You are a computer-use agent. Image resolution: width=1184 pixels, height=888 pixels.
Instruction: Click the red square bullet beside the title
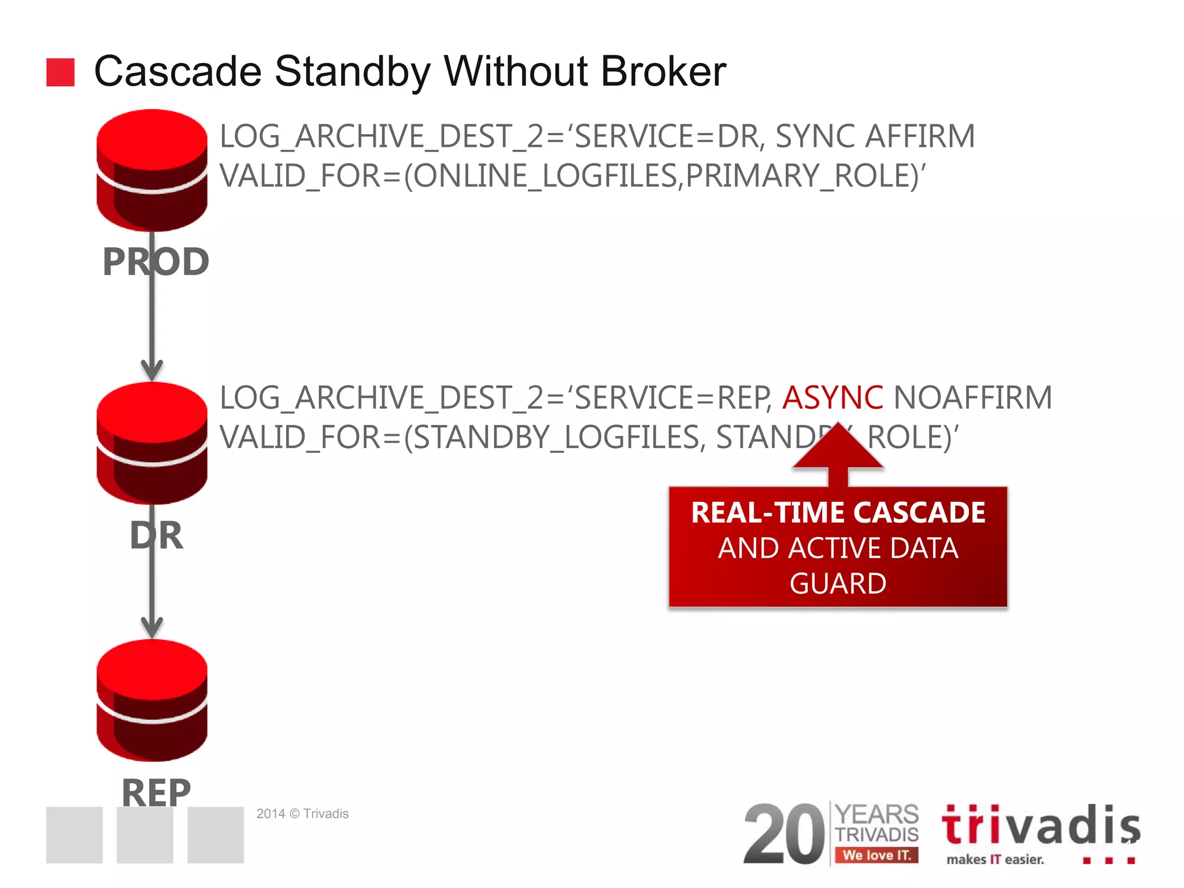pos(60,72)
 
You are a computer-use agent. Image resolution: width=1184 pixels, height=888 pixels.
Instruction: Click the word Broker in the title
pos(663,72)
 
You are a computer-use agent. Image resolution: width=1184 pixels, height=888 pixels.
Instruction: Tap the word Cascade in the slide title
pos(177,72)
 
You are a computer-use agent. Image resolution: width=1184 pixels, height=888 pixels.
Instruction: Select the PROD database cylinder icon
pos(152,170)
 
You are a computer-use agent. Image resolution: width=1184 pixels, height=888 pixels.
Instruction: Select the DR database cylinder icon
pos(152,443)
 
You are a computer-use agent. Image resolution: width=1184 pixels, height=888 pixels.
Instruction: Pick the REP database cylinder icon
pos(152,700)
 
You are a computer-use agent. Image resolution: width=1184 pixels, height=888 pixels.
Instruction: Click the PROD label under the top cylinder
pos(156,262)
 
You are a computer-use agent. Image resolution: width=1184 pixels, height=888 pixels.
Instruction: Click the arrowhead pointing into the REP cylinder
pos(152,627)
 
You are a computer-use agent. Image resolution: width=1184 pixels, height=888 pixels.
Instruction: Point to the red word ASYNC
pos(832,398)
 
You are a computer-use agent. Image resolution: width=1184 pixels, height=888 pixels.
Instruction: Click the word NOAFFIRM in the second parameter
pos(972,398)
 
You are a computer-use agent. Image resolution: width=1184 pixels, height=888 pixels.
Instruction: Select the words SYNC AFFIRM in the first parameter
pos(874,136)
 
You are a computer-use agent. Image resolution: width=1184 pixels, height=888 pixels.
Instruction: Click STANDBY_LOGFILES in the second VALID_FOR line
pos(556,437)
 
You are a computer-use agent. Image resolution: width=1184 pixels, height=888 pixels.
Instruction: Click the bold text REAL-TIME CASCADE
pos(838,512)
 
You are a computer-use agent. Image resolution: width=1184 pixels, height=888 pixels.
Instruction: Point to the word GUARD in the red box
pos(838,583)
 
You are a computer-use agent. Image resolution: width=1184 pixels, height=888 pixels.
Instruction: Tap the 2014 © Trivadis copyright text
pos(302,813)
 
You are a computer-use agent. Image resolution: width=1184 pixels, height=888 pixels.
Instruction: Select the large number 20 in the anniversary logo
pos(784,834)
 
